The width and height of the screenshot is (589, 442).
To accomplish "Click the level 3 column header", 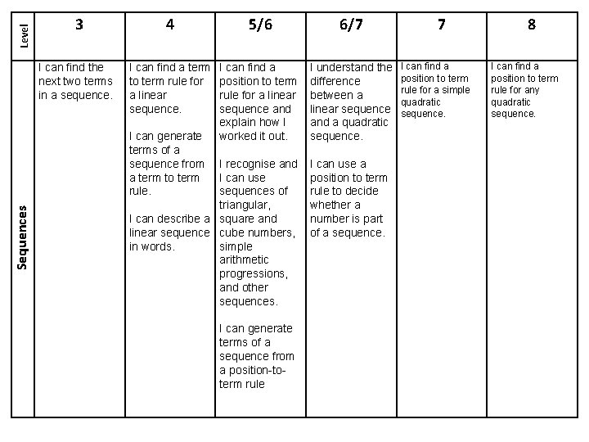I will tap(79, 25).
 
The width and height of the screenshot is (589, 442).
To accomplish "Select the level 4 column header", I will tap(169, 25).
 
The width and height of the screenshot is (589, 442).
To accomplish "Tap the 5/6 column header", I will tap(259, 25).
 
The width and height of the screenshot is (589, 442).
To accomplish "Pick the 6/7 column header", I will tap(350, 25).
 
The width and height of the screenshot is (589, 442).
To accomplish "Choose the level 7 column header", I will tap(441, 25).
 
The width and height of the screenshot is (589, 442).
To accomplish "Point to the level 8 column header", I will tap(532, 25).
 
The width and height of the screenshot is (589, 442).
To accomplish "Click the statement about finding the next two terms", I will tap(75, 81).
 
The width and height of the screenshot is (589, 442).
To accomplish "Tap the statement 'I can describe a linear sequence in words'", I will tap(170, 232).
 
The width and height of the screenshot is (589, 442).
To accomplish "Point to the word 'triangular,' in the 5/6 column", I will tap(246, 205).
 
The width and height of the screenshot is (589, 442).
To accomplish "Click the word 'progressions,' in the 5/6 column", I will tap(254, 273).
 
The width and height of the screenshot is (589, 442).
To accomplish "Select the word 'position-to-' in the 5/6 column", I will tap(254, 370).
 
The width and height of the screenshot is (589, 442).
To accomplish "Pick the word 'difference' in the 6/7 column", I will tap(335, 81).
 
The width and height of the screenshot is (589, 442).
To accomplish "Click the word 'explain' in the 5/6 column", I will tap(239, 122).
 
